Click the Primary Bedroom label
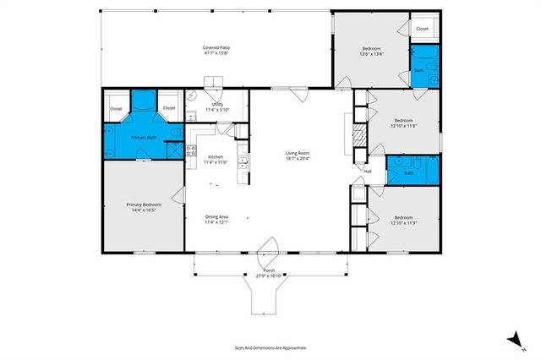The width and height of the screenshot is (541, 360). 143,207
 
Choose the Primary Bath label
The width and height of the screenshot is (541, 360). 143,137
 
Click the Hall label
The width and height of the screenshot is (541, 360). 368,172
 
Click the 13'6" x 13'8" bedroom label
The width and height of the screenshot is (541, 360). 372,52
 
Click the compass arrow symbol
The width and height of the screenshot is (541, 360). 512,340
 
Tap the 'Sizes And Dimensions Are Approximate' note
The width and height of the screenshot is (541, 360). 270,347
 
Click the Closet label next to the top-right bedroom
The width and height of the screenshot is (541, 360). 421,29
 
